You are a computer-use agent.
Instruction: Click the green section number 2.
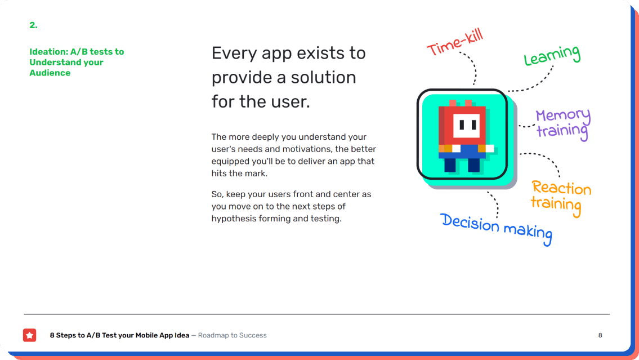33,25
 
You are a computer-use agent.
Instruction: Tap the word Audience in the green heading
50,73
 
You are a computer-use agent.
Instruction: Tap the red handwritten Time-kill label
455,42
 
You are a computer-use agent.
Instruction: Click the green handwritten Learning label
552,56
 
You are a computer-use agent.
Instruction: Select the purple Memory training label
563,124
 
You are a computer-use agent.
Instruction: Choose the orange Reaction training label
561,198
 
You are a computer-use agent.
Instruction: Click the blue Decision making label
497,229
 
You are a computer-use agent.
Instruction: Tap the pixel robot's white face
467,125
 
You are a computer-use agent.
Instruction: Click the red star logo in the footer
29,335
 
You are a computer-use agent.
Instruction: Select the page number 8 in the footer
600,335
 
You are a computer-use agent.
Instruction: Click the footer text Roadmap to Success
233,335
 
